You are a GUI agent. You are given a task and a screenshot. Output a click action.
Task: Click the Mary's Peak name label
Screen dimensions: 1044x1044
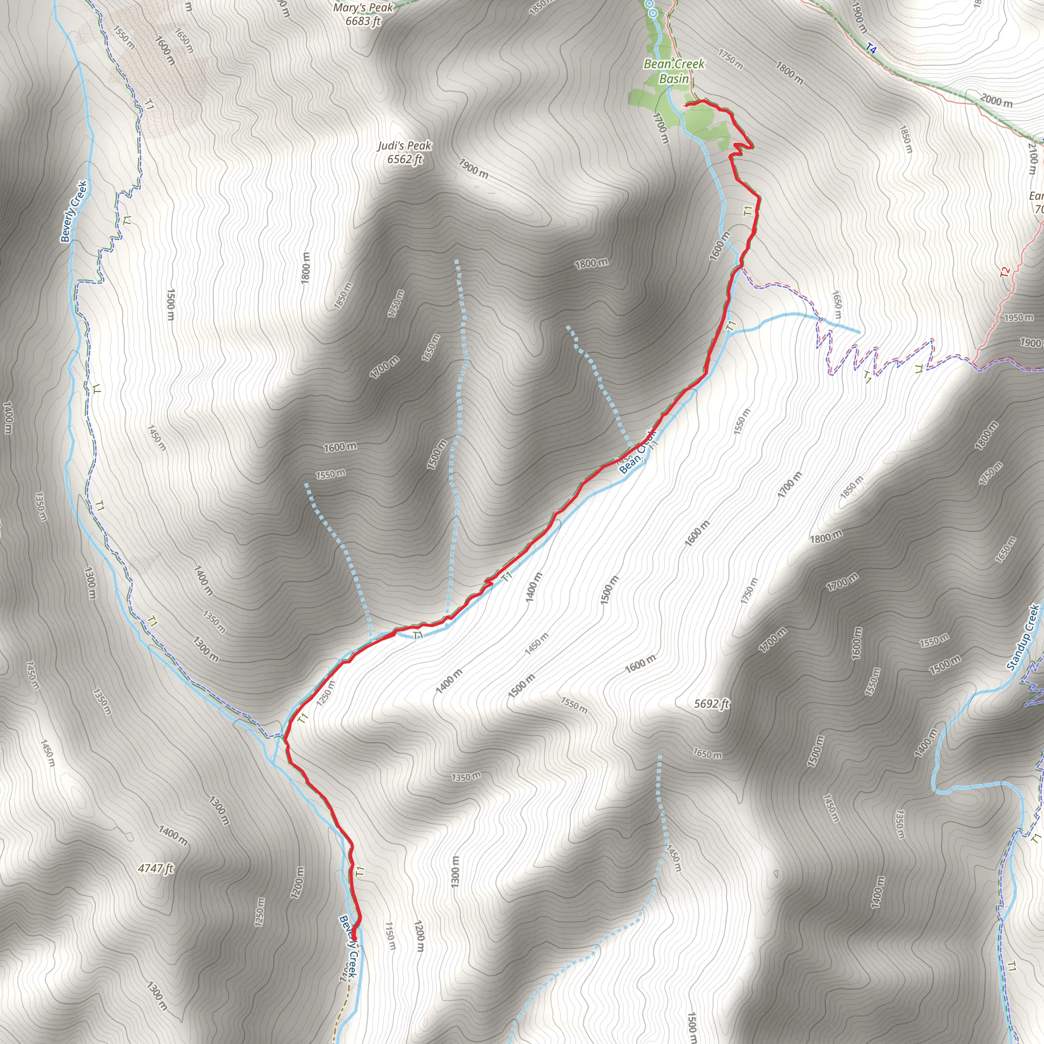click(x=363, y=8)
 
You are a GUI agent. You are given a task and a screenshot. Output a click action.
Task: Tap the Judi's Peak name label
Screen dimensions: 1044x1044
click(x=405, y=146)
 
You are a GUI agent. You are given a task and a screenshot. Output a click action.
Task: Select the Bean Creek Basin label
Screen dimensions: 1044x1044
click(x=674, y=71)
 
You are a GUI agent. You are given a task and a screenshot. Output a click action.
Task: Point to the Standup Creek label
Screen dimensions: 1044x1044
click(x=1024, y=638)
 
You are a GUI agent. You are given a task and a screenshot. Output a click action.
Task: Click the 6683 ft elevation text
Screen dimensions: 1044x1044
click(x=363, y=21)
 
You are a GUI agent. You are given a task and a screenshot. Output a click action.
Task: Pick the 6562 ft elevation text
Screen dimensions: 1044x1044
click(x=405, y=160)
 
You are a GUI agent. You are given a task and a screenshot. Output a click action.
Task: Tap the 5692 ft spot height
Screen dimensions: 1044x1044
click(x=712, y=703)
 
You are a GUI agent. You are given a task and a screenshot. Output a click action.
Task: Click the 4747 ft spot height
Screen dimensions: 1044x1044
click(x=156, y=868)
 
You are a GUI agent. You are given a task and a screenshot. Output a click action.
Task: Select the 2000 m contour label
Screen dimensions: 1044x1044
click(x=997, y=100)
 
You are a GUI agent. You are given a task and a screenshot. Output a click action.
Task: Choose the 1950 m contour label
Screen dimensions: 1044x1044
click(x=1018, y=318)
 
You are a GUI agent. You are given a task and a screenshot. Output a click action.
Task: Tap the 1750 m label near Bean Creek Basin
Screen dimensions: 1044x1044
click(x=730, y=60)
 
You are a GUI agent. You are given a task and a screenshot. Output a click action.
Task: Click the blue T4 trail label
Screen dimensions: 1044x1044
click(x=871, y=48)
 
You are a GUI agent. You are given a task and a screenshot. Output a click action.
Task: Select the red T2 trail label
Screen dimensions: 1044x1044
click(x=1005, y=272)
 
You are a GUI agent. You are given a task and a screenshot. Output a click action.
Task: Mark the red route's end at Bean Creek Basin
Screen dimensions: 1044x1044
click(x=685, y=105)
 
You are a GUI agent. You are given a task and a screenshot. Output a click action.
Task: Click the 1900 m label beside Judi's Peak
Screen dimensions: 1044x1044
click(x=474, y=169)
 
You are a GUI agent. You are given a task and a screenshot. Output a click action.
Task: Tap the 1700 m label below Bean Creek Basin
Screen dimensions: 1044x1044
click(x=661, y=128)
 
